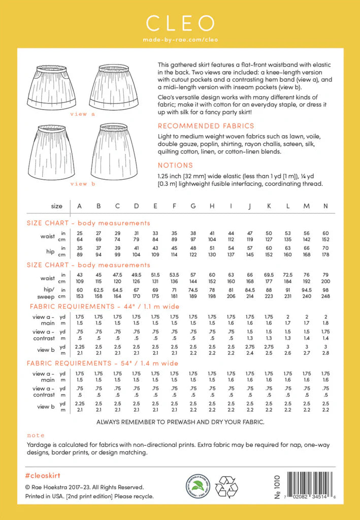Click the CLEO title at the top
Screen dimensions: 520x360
(180, 23)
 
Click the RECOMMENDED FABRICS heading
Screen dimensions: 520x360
(206, 126)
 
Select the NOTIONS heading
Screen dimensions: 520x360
(175, 165)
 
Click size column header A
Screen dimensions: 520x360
(80, 206)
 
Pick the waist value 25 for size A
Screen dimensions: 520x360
(80, 233)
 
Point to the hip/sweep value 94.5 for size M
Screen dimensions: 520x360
(307, 290)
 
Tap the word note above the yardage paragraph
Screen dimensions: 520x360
(36, 435)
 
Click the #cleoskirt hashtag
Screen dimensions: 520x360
(43, 474)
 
